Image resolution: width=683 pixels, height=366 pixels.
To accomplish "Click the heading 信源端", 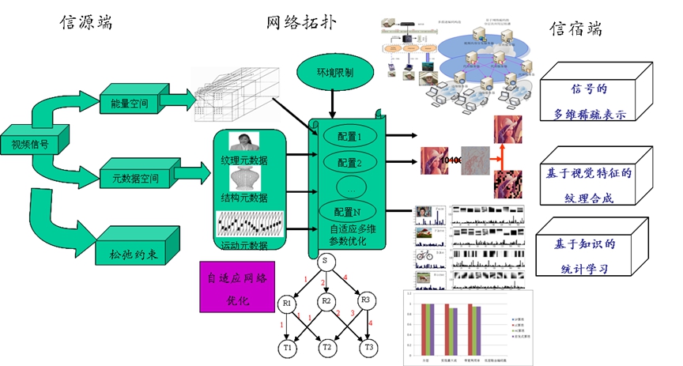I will click(86, 21).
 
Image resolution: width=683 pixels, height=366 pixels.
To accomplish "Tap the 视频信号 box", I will click(29, 145).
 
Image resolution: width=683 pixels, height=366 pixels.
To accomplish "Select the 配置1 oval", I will click(349, 136).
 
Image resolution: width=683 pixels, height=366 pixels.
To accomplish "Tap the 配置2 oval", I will click(349, 163).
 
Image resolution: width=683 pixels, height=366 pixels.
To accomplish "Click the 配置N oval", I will click(349, 212).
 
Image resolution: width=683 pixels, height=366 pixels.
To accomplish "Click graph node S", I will click(325, 261).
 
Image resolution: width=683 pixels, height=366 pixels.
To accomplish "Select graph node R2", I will click(325, 301).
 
